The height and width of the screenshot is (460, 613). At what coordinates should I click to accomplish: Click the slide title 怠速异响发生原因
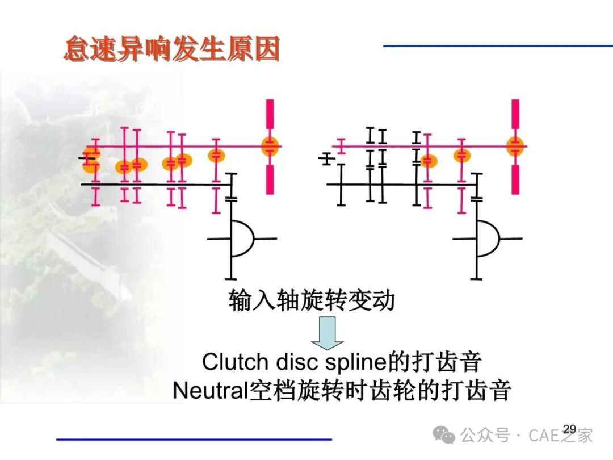[x=171, y=49]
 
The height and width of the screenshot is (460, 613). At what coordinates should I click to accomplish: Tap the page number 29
[x=570, y=429]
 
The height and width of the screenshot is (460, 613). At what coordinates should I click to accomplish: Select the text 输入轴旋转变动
[x=312, y=300]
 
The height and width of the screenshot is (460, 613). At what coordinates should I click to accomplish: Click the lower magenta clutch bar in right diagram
[x=515, y=179]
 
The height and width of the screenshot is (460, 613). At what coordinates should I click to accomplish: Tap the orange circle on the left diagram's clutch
[x=270, y=147]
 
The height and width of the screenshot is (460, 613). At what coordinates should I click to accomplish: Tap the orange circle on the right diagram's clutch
[x=515, y=147]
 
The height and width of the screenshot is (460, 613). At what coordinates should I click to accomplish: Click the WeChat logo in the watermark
[x=443, y=434]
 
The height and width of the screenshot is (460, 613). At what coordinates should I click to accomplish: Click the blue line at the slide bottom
[x=194, y=439]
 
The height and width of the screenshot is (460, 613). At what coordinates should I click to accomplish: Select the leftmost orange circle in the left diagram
[x=91, y=160]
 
